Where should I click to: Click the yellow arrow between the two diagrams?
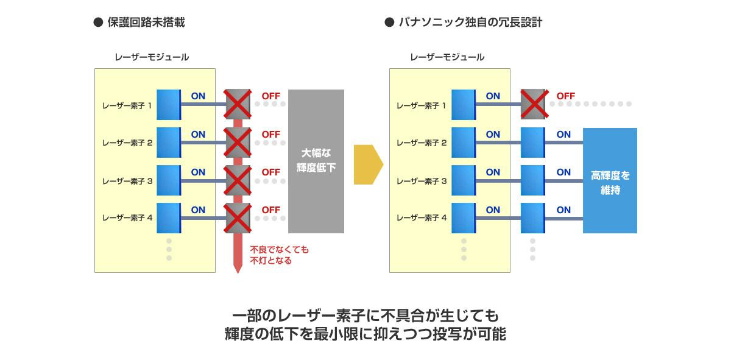(367, 164)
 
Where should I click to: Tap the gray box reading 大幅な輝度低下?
(316, 161)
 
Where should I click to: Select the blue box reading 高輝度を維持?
(610, 181)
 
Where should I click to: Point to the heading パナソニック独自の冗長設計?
(470, 23)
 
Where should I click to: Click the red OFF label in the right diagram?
(565, 96)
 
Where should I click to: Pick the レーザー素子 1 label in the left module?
(127, 105)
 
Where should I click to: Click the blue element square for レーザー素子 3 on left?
(169, 180)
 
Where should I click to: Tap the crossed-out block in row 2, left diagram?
(238, 143)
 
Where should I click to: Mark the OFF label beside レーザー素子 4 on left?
(270, 210)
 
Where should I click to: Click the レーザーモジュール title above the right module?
(447, 57)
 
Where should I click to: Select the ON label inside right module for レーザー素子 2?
(493, 135)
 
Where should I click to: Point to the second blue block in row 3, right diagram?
(533, 180)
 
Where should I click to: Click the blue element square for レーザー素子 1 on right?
(464, 105)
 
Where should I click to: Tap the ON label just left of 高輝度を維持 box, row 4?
(563, 210)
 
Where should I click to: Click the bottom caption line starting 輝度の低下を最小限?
(365, 334)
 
